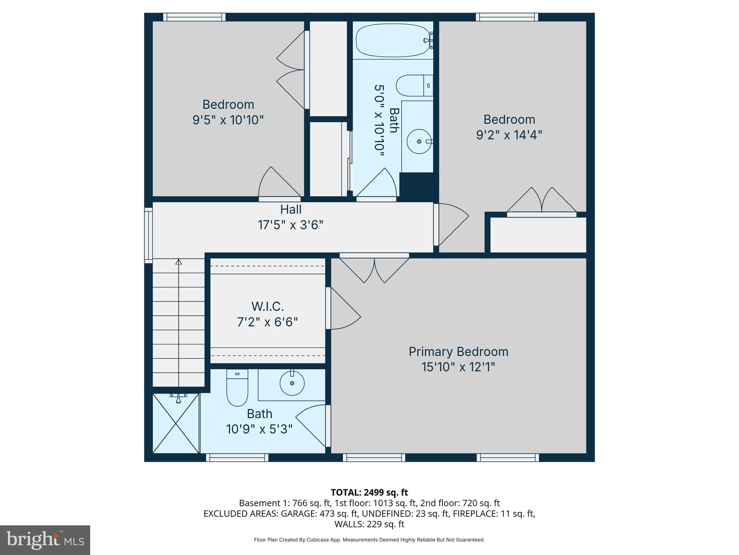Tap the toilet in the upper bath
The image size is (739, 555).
pyautogui.click(x=413, y=86)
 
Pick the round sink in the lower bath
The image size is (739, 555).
pyautogui.click(x=292, y=383)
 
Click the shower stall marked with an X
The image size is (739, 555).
pyautogui.click(x=176, y=423)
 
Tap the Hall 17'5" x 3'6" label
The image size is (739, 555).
pyautogui.click(x=291, y=217)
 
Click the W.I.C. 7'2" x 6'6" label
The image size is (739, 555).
pyautogui.click(x=267, y=314)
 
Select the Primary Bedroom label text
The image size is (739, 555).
pyautogui.click(x=458, y=352)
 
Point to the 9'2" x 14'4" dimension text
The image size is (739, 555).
pyautogui.click(x=509, y=135)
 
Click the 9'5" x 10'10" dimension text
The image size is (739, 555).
pyautogui.click(x=228, y=120)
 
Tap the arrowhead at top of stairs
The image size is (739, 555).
pyautogui.click(x=179, y=262)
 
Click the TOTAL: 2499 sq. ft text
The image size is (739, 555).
pyautogui.click(x=369, y=492)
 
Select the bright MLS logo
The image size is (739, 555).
pyautogui.click(x=45, y=540)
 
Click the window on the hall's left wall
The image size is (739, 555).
pyautogui.click(x=148, y=235)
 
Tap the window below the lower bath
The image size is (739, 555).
pyautogui.click(x=237, y=457)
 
